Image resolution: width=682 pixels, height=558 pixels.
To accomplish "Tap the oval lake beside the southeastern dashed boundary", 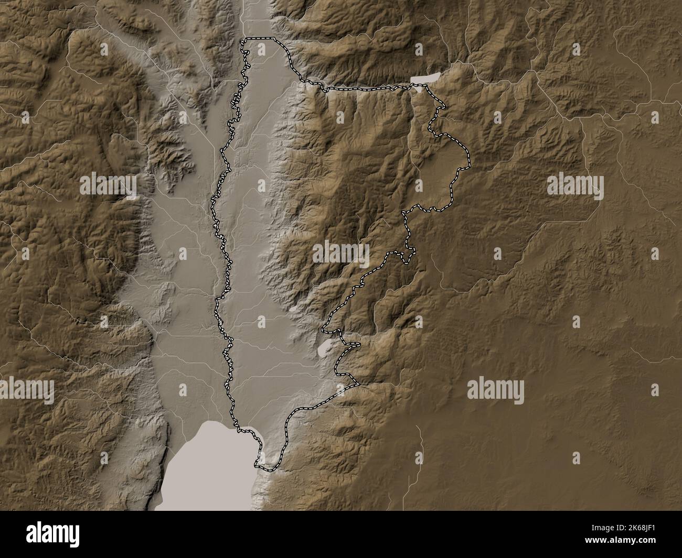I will [325, 345].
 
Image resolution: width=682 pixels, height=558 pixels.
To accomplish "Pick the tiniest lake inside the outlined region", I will [292, 309].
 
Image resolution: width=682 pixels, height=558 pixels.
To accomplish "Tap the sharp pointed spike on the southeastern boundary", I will [359, 384].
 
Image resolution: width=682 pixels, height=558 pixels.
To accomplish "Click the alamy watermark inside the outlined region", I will [341, 254].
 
